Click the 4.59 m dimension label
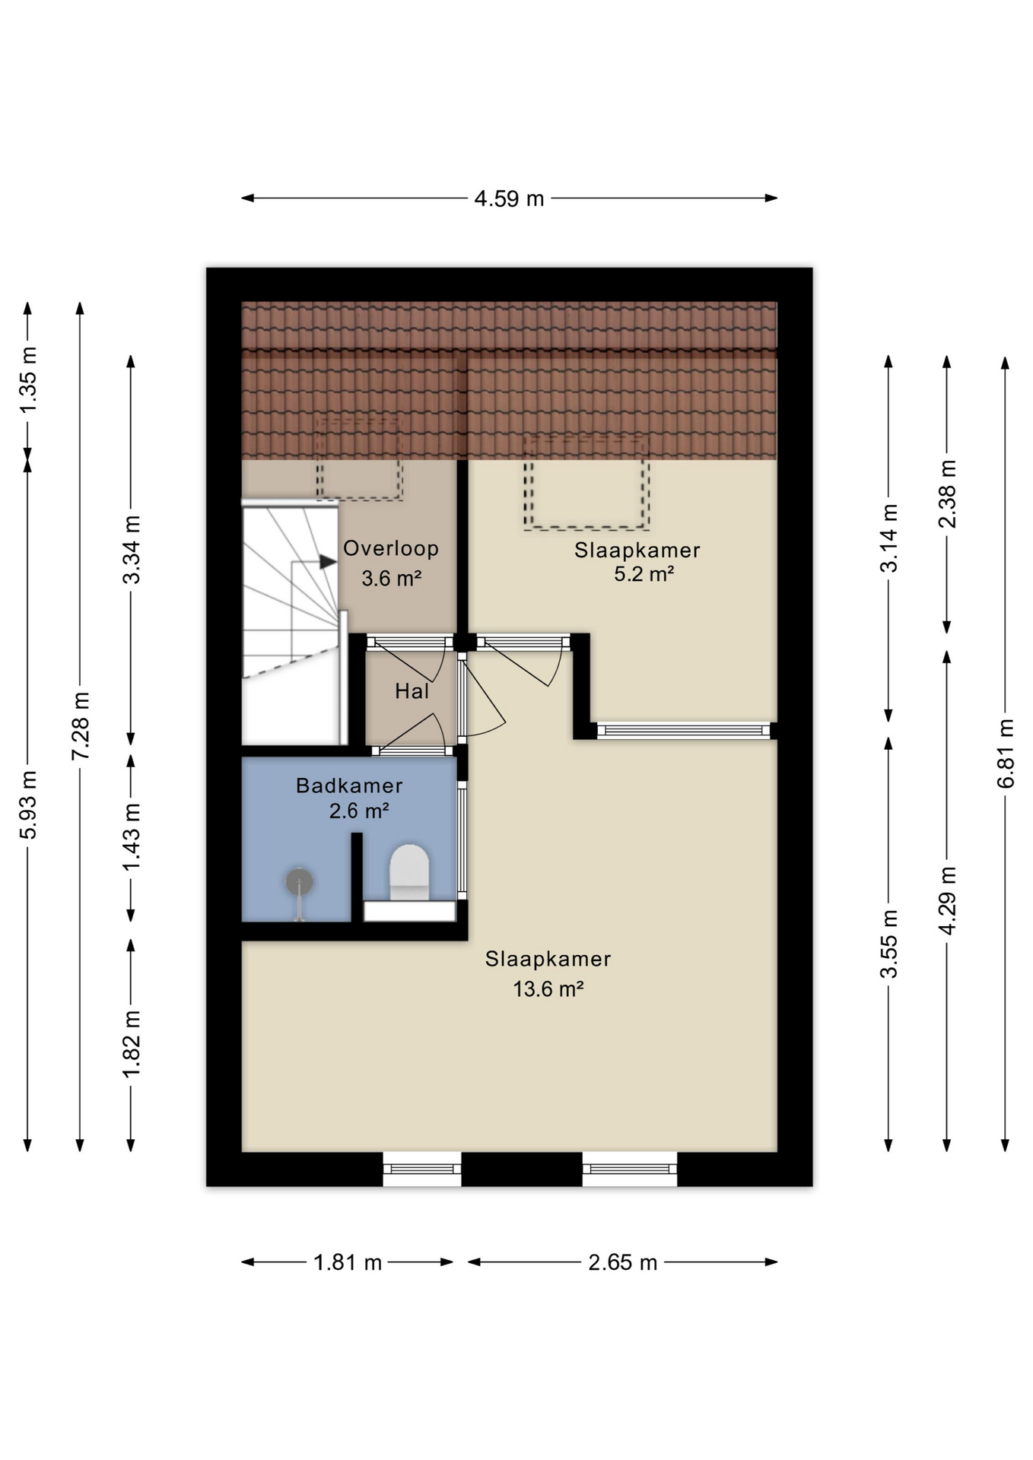pyautogui.click(x=509, y=198)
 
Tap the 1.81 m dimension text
pyautogui.click(x=348, y=1262)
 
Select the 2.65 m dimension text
pyautogui.click(x=622, y=1262)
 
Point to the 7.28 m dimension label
pyautogui.click(x=80, y=725)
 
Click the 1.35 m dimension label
pyautogui.click(x=28, y=380)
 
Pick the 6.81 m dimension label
pyautogui.click(x=1006, y=754)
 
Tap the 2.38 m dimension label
pyautogui.click(x=947, y=494)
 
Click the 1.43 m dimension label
pyautogui.click(x=132, y=837)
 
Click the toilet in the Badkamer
pyautogui.click(x=409, y=873)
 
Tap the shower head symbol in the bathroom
pyautogui.click(x=300, y=883)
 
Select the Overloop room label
pyautogui.click(x=391, y=548)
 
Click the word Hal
pyautogui.click(x=412, y=691)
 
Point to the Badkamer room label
pyautogui.click(x=349, y=786)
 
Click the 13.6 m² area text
pyautogui.click(x=548, y=989)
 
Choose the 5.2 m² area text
pyautogui.click(x=644, y=574)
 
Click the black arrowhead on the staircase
pyautogui.click(x=328, y=562)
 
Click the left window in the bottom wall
pyautogui.click(x=422, y=1169)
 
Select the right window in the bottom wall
pyautogui.click(x=630, y=1169)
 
